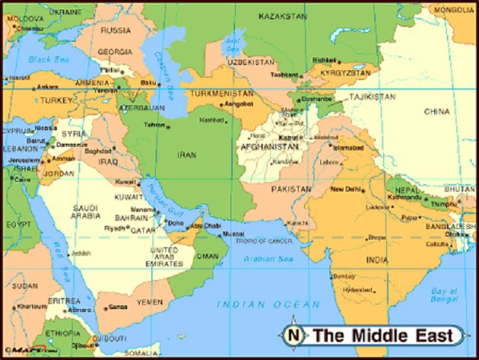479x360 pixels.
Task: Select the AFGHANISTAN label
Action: pyautogui.click(x=269, y=147)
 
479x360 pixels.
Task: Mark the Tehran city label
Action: pyautogui.click(x=154, y=124)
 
